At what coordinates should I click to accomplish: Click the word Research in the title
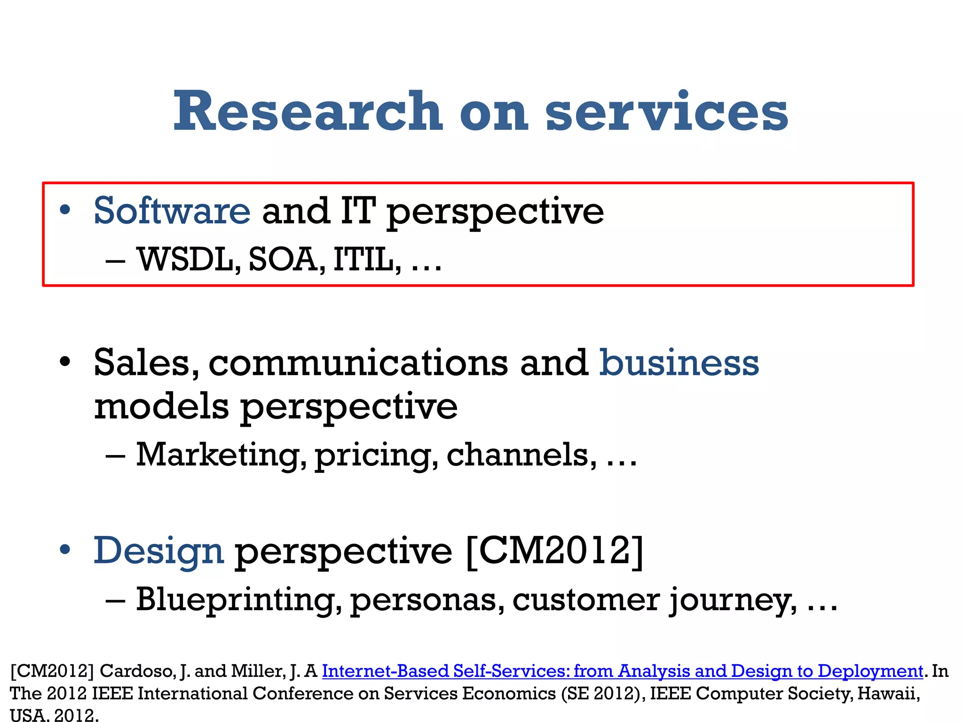308,111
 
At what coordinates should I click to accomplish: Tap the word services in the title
666,111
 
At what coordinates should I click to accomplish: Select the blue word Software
172,211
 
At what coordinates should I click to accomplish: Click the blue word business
679,363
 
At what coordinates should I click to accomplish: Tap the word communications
358,364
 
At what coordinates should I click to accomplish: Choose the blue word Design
158,551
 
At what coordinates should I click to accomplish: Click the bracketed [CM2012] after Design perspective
554,551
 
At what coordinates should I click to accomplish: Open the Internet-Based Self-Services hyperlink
622,671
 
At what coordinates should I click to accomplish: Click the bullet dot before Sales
65,362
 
